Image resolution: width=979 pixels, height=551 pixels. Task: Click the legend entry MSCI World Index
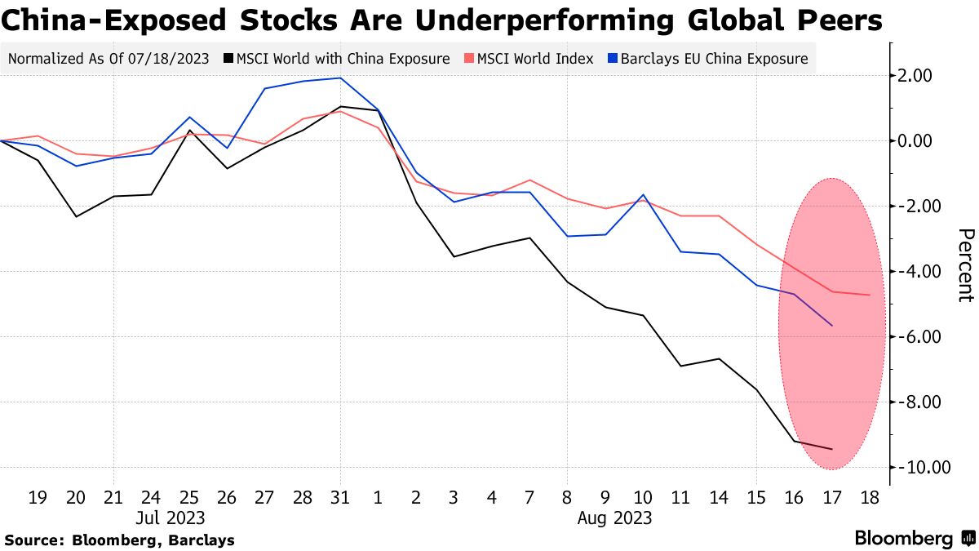coord(531,59)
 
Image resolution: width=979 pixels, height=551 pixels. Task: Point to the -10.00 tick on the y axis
coord(922,468)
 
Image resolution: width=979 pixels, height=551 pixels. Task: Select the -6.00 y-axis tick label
coord(923,337)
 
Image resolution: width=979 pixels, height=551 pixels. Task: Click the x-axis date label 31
coord(340,496)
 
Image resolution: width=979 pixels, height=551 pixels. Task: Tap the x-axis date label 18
coord(868,496)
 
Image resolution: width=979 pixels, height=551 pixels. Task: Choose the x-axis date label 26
coord(227,496)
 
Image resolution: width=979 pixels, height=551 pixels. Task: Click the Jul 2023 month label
coord(171,518)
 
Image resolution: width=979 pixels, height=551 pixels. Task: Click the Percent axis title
coord(965,265)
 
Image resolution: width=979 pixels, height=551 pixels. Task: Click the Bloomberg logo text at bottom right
coord(904,539)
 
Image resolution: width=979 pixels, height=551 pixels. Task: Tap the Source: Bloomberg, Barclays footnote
coord(120,540)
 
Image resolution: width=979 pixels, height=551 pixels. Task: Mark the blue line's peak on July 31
coord(340,78)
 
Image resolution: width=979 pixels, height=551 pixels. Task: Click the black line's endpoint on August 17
coord(831,449)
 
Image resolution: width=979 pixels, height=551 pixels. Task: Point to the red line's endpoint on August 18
coord(869,295)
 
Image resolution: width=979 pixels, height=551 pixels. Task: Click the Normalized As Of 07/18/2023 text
coord(108,59)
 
